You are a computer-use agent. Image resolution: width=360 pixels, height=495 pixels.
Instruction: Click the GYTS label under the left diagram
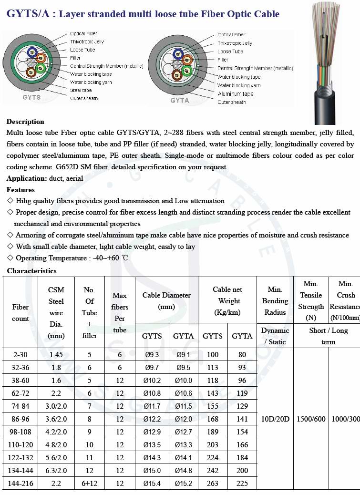click(x=31, y=97)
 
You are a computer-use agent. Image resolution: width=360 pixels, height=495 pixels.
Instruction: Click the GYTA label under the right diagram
click(x=180, y=101)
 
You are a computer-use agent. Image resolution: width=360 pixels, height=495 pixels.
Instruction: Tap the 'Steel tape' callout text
click(x=81, y=90)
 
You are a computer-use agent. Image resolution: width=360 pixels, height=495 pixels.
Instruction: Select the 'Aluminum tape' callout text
click(x=236, y=94)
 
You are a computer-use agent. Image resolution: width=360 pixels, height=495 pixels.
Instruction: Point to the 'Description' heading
click(x=25, y=122)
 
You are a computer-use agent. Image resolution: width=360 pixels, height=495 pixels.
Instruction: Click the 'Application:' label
click(x=27, y=178)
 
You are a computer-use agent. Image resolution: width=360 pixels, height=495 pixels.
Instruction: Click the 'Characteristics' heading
click(x=31, y=271)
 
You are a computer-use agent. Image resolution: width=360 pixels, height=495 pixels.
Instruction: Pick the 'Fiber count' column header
click(x=21, y=313)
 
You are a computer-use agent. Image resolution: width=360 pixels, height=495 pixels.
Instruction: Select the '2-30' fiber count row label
click(x=21, y=355)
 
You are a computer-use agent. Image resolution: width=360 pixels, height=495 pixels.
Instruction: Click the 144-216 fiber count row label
click(x=21, y=484)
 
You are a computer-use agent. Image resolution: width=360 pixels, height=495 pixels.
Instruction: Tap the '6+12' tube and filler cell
click(x=90, y=484)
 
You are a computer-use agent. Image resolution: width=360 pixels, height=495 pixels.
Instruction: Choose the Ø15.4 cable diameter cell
click(x=152, y=484)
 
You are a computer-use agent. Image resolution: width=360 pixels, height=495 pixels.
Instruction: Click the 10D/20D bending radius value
click(x=276, y=419)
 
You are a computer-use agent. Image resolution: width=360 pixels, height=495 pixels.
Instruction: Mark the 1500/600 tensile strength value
click(x=311, y=419)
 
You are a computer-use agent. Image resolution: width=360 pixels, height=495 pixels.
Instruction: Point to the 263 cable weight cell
click(x=213, y=484)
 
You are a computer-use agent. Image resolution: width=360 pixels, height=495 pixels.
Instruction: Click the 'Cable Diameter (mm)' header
click(x=166, y=301)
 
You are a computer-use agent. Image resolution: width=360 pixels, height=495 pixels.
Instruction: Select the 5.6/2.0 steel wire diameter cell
click(x=56, y=458)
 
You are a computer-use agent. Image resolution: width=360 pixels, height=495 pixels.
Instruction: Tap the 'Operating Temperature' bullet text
click(x=72, y=258)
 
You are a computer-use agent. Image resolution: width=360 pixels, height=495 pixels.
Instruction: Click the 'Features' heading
click(x=21, y=190)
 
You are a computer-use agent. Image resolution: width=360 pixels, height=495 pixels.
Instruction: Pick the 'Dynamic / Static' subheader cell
click(x=275, y=336)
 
